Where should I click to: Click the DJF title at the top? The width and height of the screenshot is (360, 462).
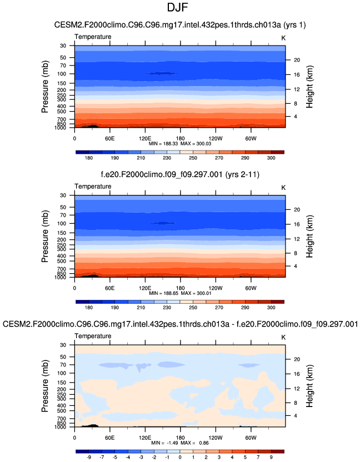click(x=180, y=8)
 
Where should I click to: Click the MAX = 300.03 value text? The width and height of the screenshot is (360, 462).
click(x=194, y=143)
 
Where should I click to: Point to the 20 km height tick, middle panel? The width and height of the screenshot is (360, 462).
click(x=297, y=209)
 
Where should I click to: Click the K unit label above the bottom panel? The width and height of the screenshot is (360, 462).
click(x=283, y=337)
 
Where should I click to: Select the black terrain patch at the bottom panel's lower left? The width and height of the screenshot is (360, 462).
click(x=88, y=425)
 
